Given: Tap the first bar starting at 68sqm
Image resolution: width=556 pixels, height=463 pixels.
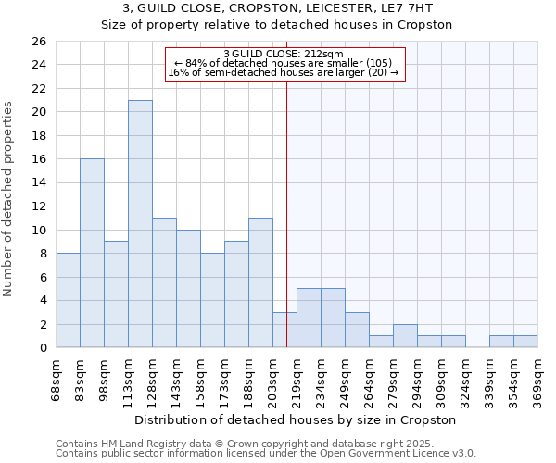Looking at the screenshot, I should (x=68, y=300).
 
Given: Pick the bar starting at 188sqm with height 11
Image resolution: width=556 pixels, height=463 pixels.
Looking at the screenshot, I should (x=260, y=282).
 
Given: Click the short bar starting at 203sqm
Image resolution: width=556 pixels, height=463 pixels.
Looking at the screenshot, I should (x=284, y=330).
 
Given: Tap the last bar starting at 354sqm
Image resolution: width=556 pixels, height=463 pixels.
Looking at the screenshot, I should (x=525, y=342).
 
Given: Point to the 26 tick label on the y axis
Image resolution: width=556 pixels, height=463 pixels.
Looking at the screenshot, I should (x=38, y=42).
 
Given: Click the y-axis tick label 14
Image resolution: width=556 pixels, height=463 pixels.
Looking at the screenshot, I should (x=38, y=182).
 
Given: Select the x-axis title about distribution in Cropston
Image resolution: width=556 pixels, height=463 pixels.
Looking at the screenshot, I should (x=296, y=419).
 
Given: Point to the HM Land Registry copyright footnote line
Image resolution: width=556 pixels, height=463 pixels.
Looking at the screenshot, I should (x=259, y=444).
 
